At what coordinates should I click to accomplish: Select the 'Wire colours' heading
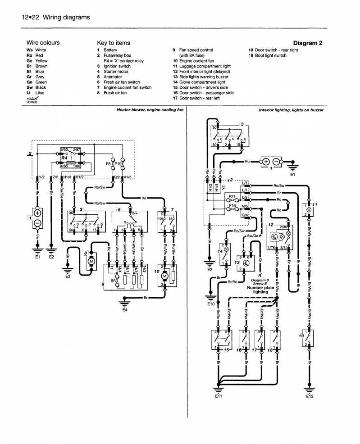43,43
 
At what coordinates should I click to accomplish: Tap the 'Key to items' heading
114,43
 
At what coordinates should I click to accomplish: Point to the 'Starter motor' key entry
116,72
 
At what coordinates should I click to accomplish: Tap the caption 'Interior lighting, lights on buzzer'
291,110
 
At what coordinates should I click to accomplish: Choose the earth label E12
309,397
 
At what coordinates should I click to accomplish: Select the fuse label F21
232,197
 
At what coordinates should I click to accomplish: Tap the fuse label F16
232,206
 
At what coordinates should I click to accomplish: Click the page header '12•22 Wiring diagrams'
56,17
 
